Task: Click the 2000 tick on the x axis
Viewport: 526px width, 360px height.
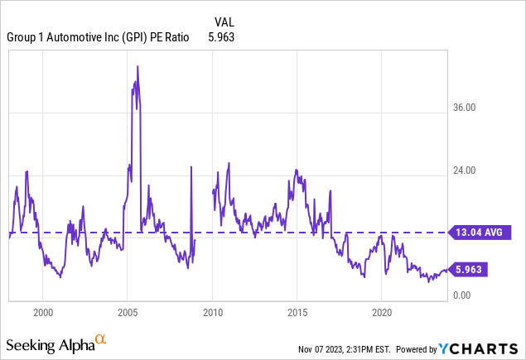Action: [43, 314]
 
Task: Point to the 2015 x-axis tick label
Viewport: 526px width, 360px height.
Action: [297, 314]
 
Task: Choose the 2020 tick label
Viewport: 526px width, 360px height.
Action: [381, 314]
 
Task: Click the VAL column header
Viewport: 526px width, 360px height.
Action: [224, 22]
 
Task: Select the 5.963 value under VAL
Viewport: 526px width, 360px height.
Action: [220, 36]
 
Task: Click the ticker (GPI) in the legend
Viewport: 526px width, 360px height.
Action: [129, 36]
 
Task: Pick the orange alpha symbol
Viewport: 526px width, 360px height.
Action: [100, 339]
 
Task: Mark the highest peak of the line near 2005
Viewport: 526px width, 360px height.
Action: [138, 66]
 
